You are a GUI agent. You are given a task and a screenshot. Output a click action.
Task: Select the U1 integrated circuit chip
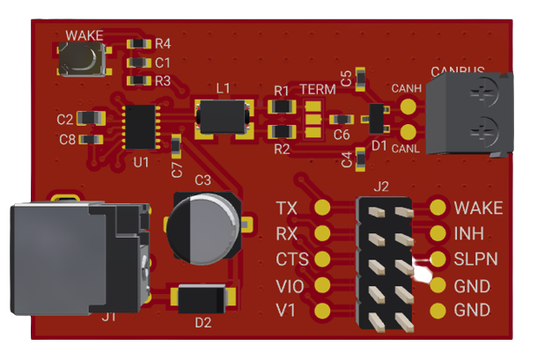[x=141, y=127]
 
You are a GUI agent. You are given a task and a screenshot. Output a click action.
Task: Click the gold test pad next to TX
[x=322, y=209]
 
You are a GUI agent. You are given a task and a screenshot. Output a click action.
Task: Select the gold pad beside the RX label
[x=322, y=234]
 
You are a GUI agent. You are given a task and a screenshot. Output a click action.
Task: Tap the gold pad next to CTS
[x=322, y=260]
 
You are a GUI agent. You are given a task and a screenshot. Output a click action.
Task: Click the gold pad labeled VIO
[x=322, y=285]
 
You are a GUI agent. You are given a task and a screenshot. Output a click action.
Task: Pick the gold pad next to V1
[x=322, y=311]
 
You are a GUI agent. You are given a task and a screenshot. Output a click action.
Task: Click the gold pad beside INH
[x=438, y=234]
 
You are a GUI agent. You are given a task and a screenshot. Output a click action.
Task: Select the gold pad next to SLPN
[x=438, y=260]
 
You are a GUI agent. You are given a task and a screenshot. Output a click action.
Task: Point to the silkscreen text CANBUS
[x=457, y=70]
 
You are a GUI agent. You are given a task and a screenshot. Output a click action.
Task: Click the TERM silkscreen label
[x=317, y=91]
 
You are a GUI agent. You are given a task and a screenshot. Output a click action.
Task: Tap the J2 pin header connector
[x=386, y=263]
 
